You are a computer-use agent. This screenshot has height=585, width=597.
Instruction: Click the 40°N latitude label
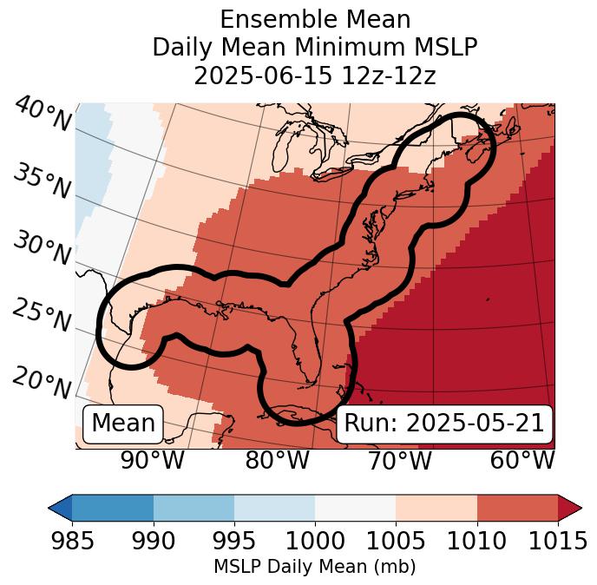pos(43,115)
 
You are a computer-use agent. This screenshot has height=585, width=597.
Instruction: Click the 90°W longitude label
pos(152,461)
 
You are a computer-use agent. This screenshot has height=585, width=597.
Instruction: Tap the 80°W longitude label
pos(277,461)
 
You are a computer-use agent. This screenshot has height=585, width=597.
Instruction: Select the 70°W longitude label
pos(399,461)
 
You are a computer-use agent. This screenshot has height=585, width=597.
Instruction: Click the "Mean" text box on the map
pos(123,424)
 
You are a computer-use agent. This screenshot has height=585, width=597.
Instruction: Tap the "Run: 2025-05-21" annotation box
pos(444,424)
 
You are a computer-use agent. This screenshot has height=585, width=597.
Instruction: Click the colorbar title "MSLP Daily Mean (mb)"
pos(314,568)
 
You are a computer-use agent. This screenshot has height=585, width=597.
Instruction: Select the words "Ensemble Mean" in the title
pos(314,19)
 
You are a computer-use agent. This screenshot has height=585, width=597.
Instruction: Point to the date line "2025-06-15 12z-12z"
pos(314,76)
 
